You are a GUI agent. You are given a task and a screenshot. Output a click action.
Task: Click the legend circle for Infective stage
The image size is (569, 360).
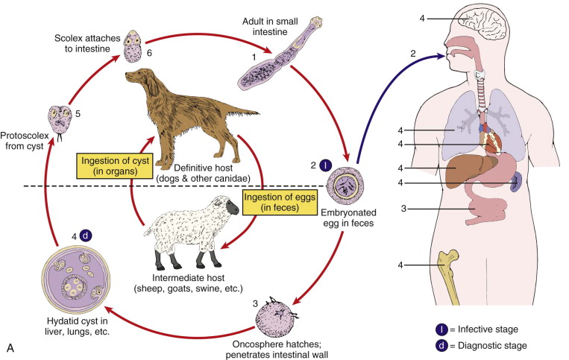coord(444,329)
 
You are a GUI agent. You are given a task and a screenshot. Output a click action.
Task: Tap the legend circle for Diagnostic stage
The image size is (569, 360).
coord(444,345)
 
